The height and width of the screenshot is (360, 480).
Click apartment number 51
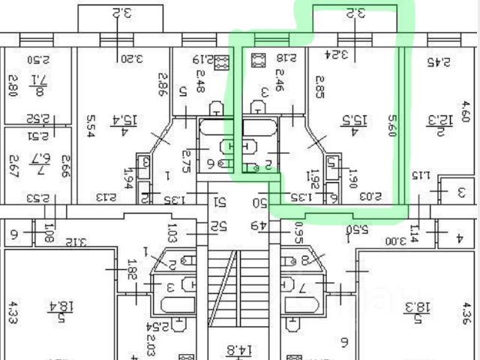220,201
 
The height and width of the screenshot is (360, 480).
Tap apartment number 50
260,202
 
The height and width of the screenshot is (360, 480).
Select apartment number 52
219,225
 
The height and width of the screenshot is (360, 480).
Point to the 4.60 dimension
465,111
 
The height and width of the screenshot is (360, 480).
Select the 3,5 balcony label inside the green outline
355,13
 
